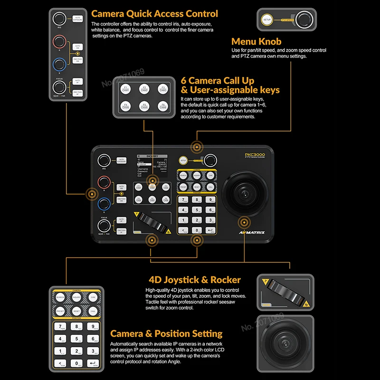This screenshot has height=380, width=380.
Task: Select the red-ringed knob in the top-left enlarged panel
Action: pyautogui.click(x=60, y=44)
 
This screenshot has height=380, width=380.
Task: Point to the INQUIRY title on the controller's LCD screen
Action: pyautogui.click(x=152, y=156)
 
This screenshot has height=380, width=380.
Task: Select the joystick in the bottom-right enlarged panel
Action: pyautogui.click(x=285, y=346)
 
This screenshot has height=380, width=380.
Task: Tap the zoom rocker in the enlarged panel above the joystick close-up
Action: pyautogui.click(x=285, y=290)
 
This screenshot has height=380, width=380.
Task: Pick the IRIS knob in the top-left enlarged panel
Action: pyautogui.click(x=60, y=19)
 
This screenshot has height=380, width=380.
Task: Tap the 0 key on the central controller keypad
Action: pyautogui.click(x=197, y=230)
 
